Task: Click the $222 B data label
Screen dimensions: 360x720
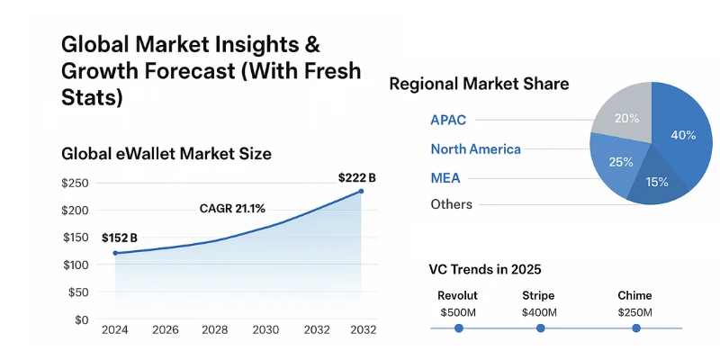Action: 356,178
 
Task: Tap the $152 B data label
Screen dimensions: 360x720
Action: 120,238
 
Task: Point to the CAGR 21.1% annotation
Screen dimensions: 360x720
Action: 232,209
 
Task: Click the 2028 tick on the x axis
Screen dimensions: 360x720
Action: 215,330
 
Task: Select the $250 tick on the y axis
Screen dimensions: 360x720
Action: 75,183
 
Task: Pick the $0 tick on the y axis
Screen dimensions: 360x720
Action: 81,319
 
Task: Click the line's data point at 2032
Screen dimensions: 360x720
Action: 361,191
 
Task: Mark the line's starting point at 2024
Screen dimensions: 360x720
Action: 115,254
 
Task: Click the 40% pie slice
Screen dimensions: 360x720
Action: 682,135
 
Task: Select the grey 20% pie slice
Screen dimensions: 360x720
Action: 625,117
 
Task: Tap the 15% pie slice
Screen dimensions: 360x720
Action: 657,182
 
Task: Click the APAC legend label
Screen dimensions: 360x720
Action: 448,120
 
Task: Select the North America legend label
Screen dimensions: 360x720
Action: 475,149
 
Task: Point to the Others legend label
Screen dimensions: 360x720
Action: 451,204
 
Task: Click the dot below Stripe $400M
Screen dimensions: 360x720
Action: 540,328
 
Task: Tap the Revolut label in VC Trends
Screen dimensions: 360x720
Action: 457,295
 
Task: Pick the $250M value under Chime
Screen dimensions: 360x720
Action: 634,312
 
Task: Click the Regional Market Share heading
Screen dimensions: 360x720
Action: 478,85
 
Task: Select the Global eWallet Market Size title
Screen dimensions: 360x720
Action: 166,154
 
